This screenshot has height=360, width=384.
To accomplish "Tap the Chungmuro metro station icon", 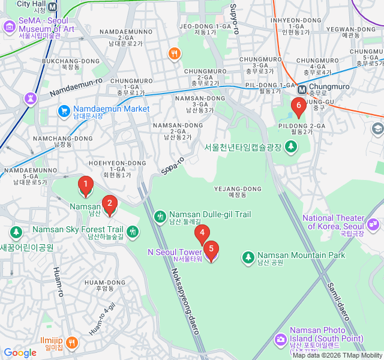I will [302, 89].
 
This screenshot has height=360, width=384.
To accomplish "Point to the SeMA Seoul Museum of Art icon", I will [9, 27].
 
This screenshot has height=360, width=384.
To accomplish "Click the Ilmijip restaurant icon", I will [71, 343].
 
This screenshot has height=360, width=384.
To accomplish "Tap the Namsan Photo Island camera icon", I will [280, 340].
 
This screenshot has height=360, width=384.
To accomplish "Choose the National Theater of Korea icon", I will [374, 224].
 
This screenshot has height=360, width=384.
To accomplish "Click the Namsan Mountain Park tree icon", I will [248, 257].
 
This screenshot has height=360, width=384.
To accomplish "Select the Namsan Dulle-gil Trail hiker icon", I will [160, 216].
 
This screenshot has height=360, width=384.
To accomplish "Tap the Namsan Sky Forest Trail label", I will [77, 230].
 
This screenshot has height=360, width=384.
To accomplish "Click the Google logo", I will [20, 353].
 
